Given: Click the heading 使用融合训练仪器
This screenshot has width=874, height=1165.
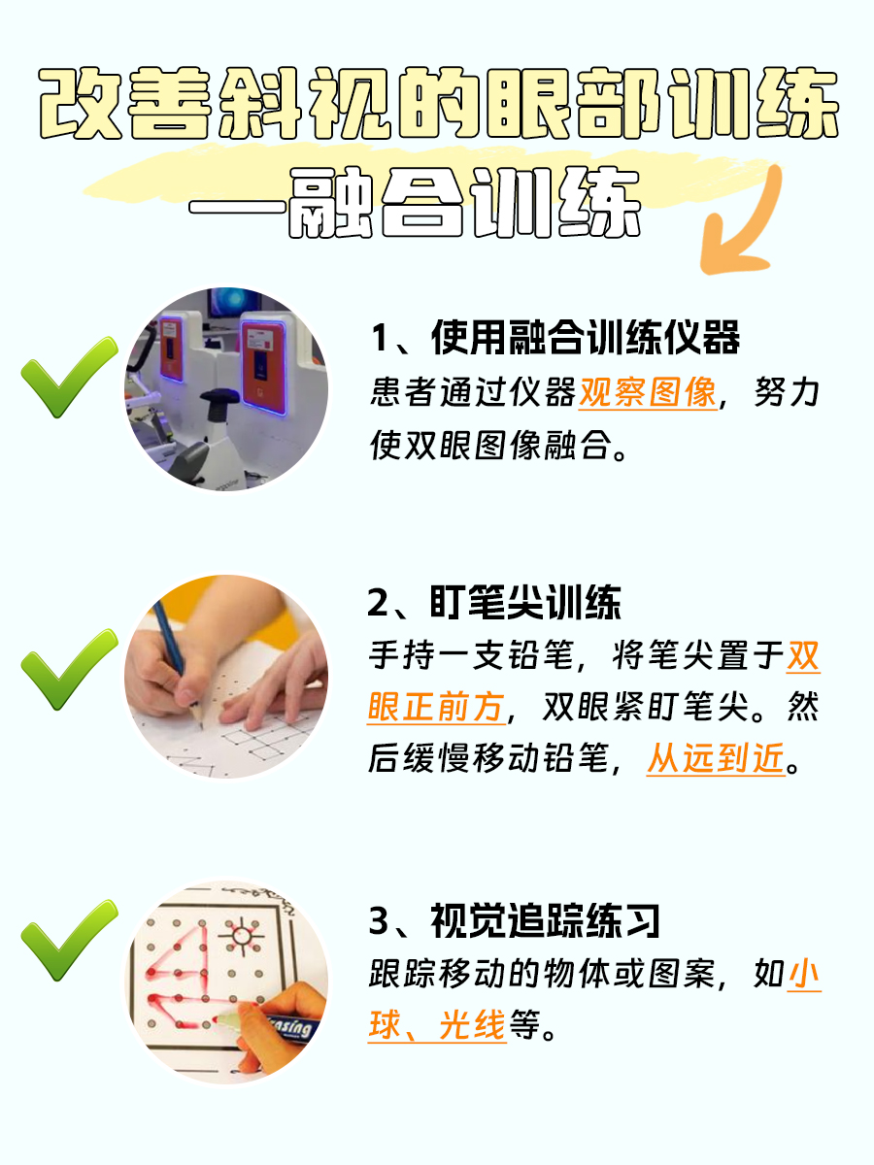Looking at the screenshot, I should coord(555,339).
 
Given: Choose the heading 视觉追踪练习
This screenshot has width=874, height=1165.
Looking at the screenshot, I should coord(514,919).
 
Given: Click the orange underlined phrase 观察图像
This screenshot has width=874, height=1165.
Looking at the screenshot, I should coord(648,393).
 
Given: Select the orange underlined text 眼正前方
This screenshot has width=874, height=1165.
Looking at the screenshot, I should coord(436,708).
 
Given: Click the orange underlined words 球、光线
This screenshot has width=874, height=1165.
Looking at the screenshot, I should coord(437,1025).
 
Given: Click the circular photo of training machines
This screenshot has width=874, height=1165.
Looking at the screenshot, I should coord(225,388).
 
